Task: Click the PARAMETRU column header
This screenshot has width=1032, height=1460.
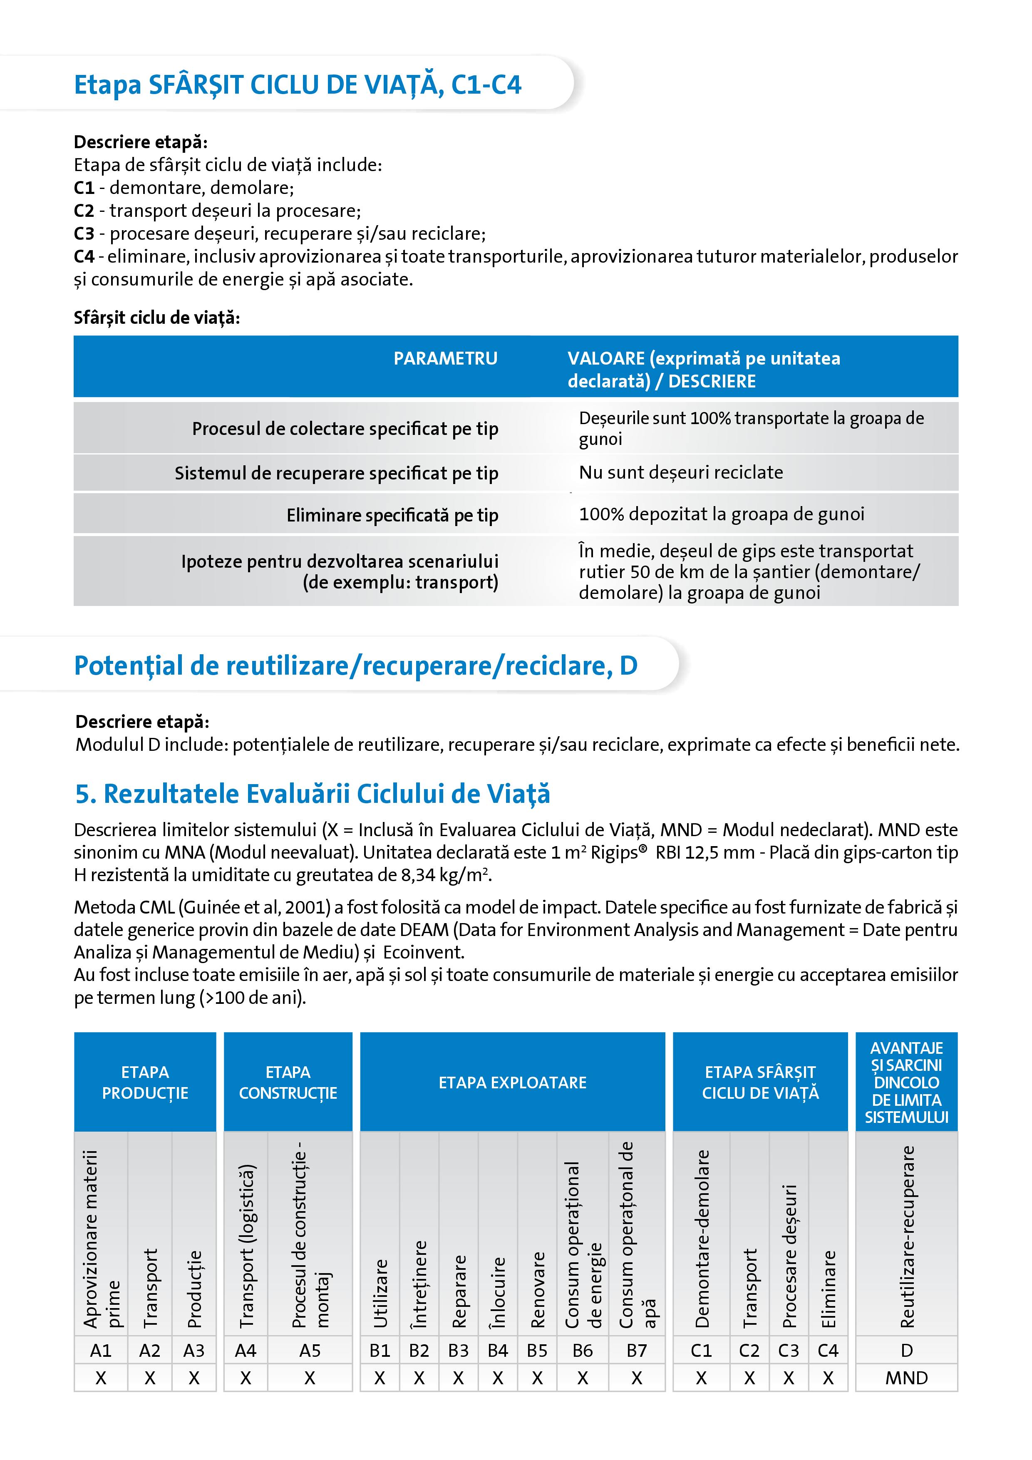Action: (445, 359)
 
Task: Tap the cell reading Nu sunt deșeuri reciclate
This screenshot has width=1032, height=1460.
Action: (680, 472)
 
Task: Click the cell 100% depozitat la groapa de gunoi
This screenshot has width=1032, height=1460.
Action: (721, 514)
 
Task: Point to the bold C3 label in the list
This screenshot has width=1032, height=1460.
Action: (84, 234)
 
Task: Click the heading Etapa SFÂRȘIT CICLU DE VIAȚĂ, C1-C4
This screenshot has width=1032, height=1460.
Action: (298, 84)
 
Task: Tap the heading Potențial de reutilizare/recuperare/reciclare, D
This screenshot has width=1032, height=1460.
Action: (355, 665)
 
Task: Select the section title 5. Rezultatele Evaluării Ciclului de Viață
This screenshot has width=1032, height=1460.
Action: (312, 794)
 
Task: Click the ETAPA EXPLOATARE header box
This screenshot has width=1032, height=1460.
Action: (513, 1082)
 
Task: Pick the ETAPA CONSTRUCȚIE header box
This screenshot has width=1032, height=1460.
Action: (288, 1082)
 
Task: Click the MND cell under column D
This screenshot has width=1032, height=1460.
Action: (906, 1378)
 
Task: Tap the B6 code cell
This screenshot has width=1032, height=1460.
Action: (583, 1351)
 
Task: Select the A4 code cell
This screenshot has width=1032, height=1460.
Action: (246, 1351)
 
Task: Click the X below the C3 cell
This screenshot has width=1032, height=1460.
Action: (789, 1378)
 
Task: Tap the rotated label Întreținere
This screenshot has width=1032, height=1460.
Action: (419, 1284)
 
